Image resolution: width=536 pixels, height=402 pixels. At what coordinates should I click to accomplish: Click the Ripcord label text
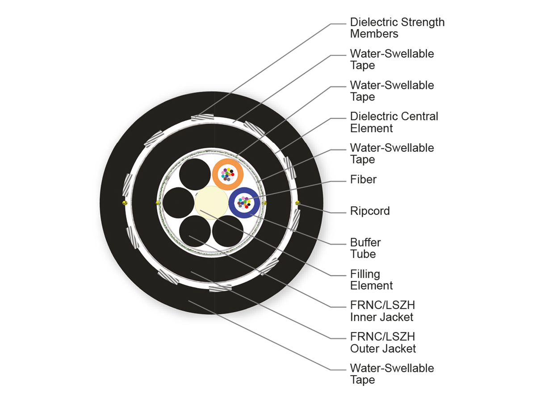pyautogui.click(x=370, y=211)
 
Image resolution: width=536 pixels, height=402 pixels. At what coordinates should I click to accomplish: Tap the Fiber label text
pyautogui.click(x=363, y=180)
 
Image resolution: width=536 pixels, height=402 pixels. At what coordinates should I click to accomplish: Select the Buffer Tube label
pyautogui.click(x=365, y=248)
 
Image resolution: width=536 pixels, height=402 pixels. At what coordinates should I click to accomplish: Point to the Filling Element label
pyautogui.click(x=371, y=280)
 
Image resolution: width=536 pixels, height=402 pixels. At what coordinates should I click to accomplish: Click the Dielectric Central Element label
pyautogui.click(x=394, y=122)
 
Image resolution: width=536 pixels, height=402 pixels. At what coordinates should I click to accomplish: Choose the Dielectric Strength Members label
pyautogui.click(x=397, y=28)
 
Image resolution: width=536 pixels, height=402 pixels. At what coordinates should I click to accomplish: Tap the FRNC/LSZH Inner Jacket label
pyautogui.click(x=382, y=311)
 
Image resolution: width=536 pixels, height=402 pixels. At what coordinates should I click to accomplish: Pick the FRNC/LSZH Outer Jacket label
pyautogui.click(x=383, y=343)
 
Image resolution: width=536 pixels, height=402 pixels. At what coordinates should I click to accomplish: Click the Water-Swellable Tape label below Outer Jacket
pyautogui.click(x=392, y=374)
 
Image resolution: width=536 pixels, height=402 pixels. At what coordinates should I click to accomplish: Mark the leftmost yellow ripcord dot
pyautogui.click(x=124, y=203)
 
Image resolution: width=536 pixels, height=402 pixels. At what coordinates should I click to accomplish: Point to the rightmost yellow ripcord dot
pyautogui.click(x=298, y=203)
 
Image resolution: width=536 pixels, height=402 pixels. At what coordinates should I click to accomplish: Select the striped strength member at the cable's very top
pyautogui.click(x=200, y=117)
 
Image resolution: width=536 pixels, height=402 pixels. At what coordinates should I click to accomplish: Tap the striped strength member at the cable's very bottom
pyautogui.click(x=221, y=289)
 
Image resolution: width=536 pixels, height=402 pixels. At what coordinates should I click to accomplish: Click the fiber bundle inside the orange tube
pyautogui.click(x=228, y=174)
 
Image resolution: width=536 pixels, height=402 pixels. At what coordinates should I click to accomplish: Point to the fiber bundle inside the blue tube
pyautogui.click(x=244, y=202)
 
